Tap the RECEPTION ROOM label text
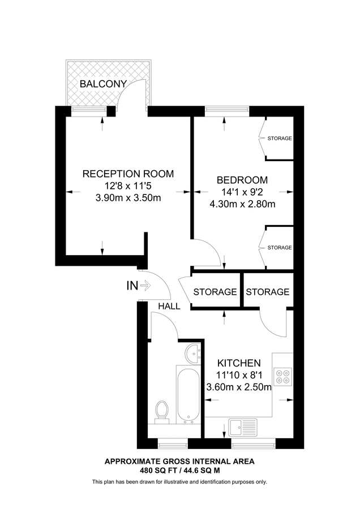click(x=128, y=174)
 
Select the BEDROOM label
click(x=242, y=180)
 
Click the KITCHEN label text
click(x=239, y=363)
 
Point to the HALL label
click(x=169, y=306)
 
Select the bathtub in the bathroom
click(x=187, y=394)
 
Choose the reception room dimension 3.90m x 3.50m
click(x=128, y=198)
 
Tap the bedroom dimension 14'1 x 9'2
click(x=242, y=192)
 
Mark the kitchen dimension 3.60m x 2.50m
click(x=238, y=387)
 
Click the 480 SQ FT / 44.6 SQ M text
click(x=179, y=470)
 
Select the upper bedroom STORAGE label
click(x=280, y=139)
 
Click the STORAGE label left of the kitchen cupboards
click(x=215, y=292)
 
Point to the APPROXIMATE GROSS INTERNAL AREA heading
click(x=179, y=461)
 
